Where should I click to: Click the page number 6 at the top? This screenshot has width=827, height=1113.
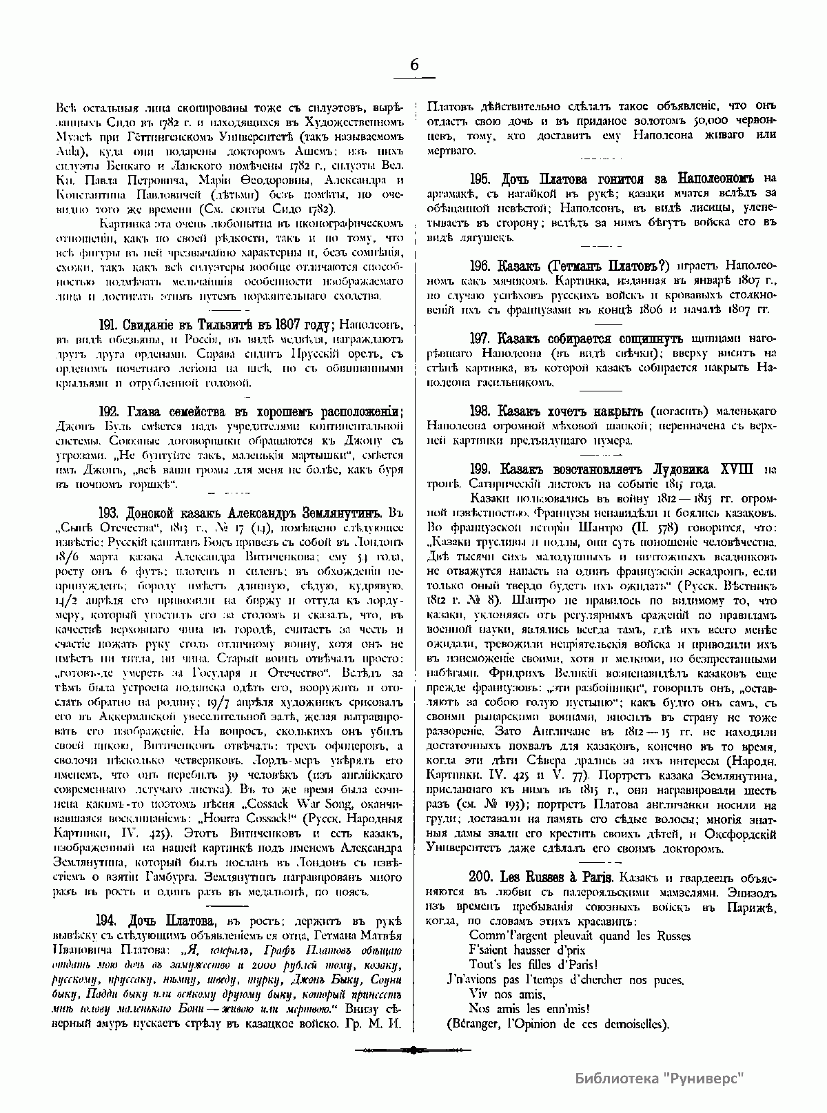pos(413,65)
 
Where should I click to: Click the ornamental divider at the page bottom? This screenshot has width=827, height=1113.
pos(413,1050)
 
